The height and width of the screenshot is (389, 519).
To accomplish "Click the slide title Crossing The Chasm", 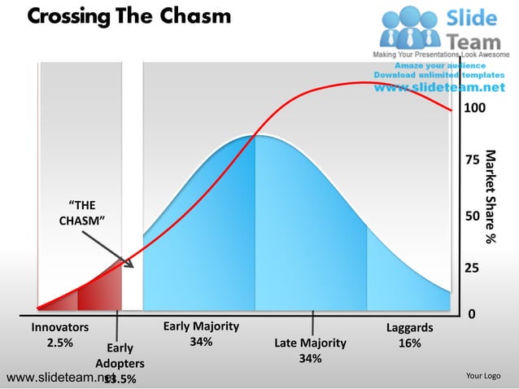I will tap(129, 16).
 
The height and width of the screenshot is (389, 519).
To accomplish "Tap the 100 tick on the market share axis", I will tap(473, 108).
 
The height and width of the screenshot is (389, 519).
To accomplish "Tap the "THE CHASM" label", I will tap(81, 212).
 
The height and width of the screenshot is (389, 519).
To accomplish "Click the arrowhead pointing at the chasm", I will tap(129, 264).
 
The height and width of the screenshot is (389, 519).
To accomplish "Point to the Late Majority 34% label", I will tap(310, 351).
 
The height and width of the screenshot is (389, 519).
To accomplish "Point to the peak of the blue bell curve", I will tap(255, 135).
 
